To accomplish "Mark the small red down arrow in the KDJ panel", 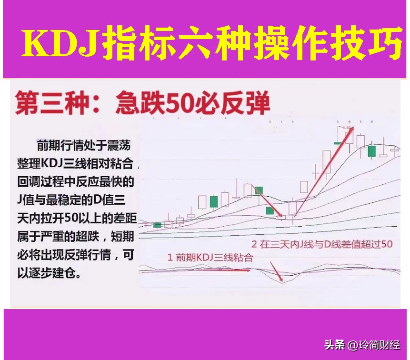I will [276, 271].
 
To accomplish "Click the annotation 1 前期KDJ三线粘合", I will [210, 258].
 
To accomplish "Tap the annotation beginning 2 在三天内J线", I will [322, 245].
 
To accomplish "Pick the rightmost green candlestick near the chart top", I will [372, 151].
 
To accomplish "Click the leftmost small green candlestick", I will [157, 224].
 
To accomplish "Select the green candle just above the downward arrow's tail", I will [258, 190].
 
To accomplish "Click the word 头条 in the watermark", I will [334, 345].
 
